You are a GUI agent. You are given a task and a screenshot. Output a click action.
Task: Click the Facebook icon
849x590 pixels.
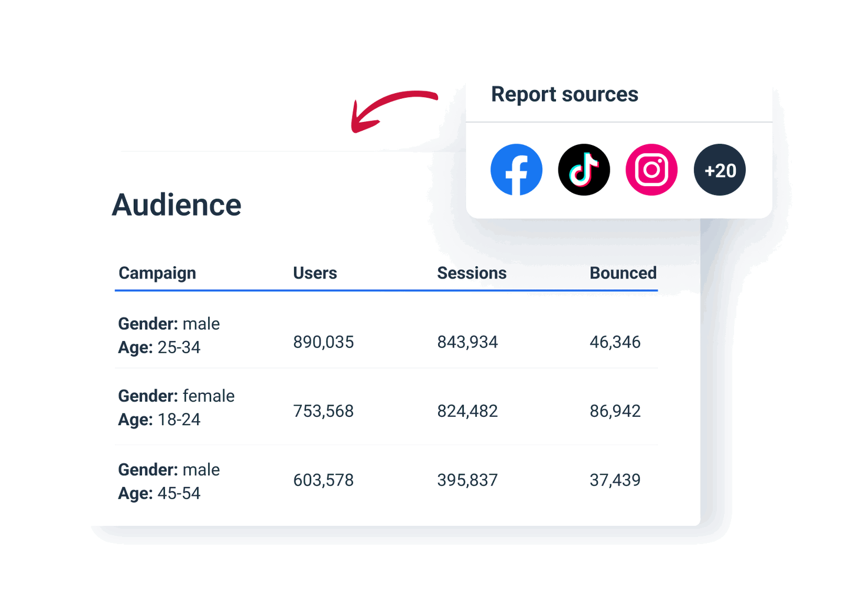(x=516, y=170)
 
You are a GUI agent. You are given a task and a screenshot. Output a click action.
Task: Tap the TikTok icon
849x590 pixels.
(x=584, y=170)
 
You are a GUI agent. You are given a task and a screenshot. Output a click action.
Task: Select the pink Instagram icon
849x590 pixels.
(x=651, y=170)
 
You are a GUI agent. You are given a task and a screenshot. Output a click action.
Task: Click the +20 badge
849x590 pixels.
(x=719, y=170)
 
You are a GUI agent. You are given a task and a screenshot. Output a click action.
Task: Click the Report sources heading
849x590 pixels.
(x=564, y=94)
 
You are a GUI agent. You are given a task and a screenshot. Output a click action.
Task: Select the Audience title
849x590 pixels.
(x=176, y=205)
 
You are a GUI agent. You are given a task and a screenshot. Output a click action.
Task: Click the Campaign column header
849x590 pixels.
(x=157, y=273)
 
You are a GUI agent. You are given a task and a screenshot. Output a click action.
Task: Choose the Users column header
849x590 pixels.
(x=315, y=273)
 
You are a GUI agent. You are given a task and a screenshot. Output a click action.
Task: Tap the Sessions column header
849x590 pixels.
(x=472, y=273)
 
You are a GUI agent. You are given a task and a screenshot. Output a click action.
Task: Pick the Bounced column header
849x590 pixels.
(x=623, y=273)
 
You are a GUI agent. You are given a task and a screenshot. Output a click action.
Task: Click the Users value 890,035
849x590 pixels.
(x=323, y=342)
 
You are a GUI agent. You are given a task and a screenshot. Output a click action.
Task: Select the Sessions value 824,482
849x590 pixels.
(x=467, y=411)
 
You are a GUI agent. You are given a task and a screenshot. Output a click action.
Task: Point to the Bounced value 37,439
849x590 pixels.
(x=615, y=480)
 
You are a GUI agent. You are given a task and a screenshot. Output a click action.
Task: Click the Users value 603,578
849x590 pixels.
(x=323, y=480)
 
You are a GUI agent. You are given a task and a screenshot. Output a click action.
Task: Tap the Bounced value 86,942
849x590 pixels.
(x=615, y=411)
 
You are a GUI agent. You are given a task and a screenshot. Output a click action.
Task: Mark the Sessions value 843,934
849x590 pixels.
(x=467, y=342)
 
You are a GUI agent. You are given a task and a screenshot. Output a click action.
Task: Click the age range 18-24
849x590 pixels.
(x=179, y=419)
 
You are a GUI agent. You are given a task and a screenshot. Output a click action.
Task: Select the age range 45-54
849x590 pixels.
(x=179, y=493)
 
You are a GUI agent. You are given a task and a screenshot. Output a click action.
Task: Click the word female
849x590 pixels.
(x=209, y=396)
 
